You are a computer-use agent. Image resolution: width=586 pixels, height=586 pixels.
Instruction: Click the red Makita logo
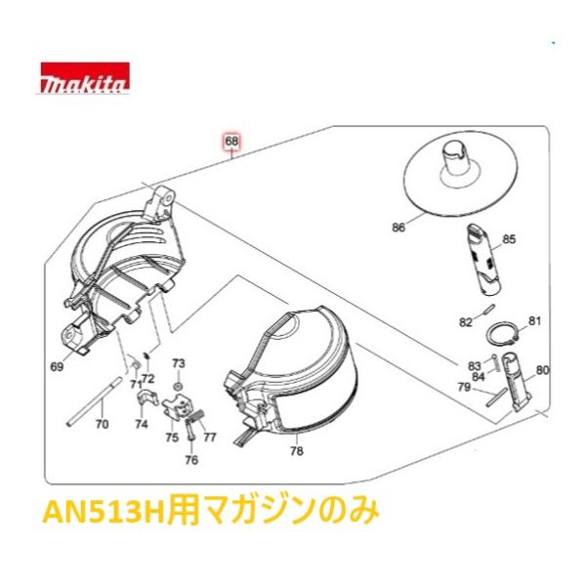83,78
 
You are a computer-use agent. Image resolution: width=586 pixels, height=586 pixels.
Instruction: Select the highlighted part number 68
231,140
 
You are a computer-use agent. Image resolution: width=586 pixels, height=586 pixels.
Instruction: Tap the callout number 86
398,228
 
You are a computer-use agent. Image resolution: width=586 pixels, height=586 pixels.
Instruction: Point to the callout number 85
508,238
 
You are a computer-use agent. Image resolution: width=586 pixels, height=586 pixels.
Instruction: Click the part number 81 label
534,320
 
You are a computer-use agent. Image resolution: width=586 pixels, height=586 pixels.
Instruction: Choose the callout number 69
57,366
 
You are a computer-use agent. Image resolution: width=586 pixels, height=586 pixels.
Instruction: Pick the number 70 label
101,425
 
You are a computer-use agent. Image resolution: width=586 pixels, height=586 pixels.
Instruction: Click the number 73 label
178,363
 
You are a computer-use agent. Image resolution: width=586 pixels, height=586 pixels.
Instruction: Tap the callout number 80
543,370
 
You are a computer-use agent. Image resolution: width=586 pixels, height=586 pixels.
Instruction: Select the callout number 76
191,460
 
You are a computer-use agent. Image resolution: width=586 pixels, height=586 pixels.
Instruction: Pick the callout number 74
141,425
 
